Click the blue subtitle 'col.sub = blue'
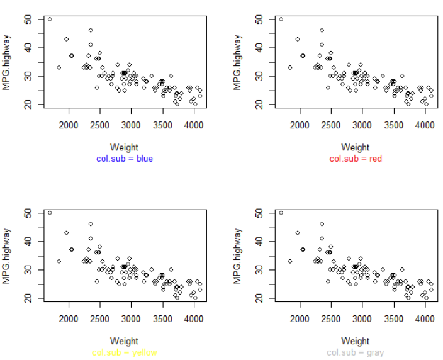(x=124, y=159)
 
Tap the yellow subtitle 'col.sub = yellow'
(x=124, y=352)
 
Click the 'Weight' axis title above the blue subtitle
(x=124, y=148)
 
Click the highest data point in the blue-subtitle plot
(x=50, y=19)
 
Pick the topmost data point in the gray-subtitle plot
(x=281, y=213)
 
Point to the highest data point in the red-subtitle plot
(x=281, y=19)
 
